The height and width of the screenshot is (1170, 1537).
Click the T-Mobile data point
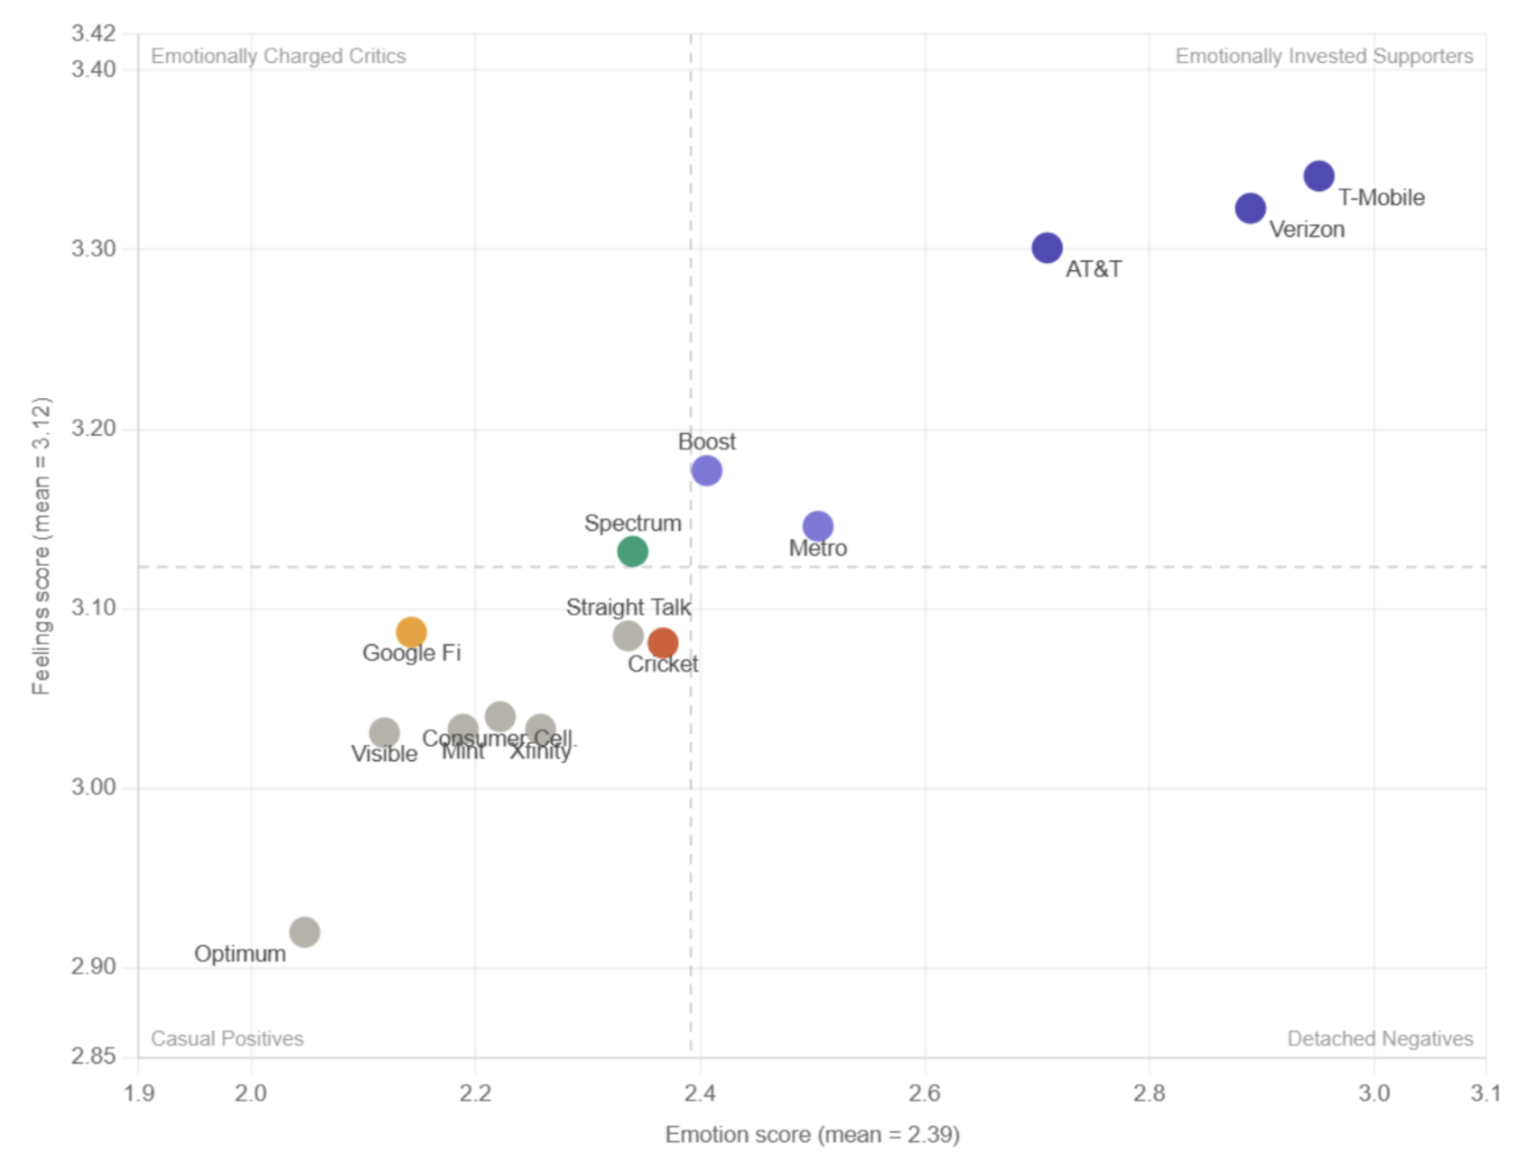click(x=1318, y=176)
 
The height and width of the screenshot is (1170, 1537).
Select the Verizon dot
click(x=1250, y=209)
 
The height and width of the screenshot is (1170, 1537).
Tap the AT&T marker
click(x=1047, y=247)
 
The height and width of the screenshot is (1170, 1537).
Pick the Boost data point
click(x=706, y=470)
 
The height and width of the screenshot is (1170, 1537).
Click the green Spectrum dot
click(x=632, y=551)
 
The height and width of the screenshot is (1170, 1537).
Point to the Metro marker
click(x=817, y=525)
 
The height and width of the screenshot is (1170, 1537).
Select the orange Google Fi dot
click(x=411, y=632)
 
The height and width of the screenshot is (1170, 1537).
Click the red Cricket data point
click(x=663, y=643)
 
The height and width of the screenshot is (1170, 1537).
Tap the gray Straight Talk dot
click(x=628, y=636)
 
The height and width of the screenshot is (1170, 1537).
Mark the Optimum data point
click(x=304, y=932)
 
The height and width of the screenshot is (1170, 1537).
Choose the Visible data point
click(x=384, y=732)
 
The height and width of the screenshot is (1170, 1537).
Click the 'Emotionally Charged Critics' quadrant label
click(x=278, y=56)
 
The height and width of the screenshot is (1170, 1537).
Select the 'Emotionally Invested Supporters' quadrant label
click(x=1324, y=56)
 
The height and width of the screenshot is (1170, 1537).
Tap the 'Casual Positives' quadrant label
click(x=227, y=1038)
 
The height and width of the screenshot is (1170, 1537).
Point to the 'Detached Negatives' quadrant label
click(x=1380, y=1038)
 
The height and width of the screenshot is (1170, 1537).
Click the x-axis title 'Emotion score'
click(x=812, y=1135)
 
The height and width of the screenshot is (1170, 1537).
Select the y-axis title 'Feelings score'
click(x=41, y=546)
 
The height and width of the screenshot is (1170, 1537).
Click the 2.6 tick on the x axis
click(x=924, y=1093)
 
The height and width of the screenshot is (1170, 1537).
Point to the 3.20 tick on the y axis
click(x=94, y=428)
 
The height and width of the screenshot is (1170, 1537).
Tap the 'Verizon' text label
click(x=1307, y=229)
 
